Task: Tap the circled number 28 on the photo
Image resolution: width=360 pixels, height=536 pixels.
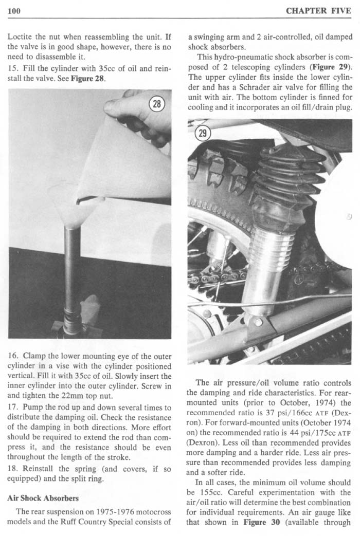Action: (155, 103)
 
